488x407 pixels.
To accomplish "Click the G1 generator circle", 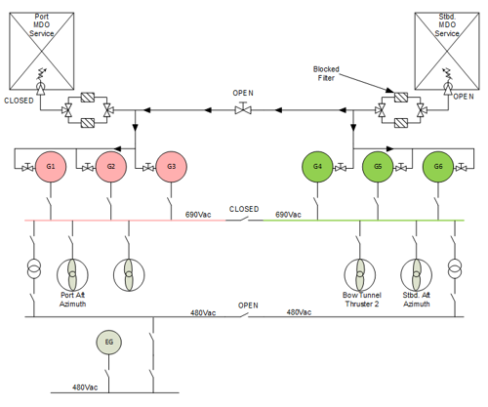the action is pyautogui.click(x=51, y=167).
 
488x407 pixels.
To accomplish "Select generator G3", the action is pyautogui.click(x=171, y=167).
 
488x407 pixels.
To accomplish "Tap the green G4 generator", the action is pyautogui.click(x=317, y=167).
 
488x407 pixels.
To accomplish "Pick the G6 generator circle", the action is pyautogui.click(x=438, y=167).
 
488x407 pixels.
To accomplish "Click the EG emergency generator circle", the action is pyautogui.click(x=109, y=343).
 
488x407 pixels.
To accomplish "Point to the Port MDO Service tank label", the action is pyautogui.click(x=42, y=25).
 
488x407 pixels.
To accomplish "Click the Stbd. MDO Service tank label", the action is pyautogui.click(x=447, y=25).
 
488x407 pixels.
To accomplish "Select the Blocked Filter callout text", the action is pyautogui.click(x=326, y=73).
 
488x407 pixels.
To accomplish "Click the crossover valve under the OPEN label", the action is pyautogui.click(x=243, y=108).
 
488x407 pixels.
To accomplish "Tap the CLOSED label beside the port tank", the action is pyautogui.click(x=19, y=101).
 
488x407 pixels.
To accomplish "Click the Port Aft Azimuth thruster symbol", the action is pyautogui.click(x=72, y=275).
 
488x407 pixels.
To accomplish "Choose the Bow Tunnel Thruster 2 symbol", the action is pyautogui.click(x=360, y=275).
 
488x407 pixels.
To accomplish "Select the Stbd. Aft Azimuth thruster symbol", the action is pyautogui.click(x=417, y=275).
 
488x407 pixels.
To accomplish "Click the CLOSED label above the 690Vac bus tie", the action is pyautogui.click(x=244, y=209).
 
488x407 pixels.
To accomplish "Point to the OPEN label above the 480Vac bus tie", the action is pyautogui.click(x=248, y=305).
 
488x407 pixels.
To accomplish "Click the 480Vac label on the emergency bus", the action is pyautogui.click(x=85, y=387).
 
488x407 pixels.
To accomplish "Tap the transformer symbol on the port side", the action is pyautogui.click(x=34, y=268).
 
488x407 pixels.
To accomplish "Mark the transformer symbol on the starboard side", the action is pyautogui.click(x=455, y=268).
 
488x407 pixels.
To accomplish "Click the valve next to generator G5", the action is pyautogui.click(x=401, y=167).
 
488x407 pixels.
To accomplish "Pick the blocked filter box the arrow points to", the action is pyautogui.click(x=401, y=98).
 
